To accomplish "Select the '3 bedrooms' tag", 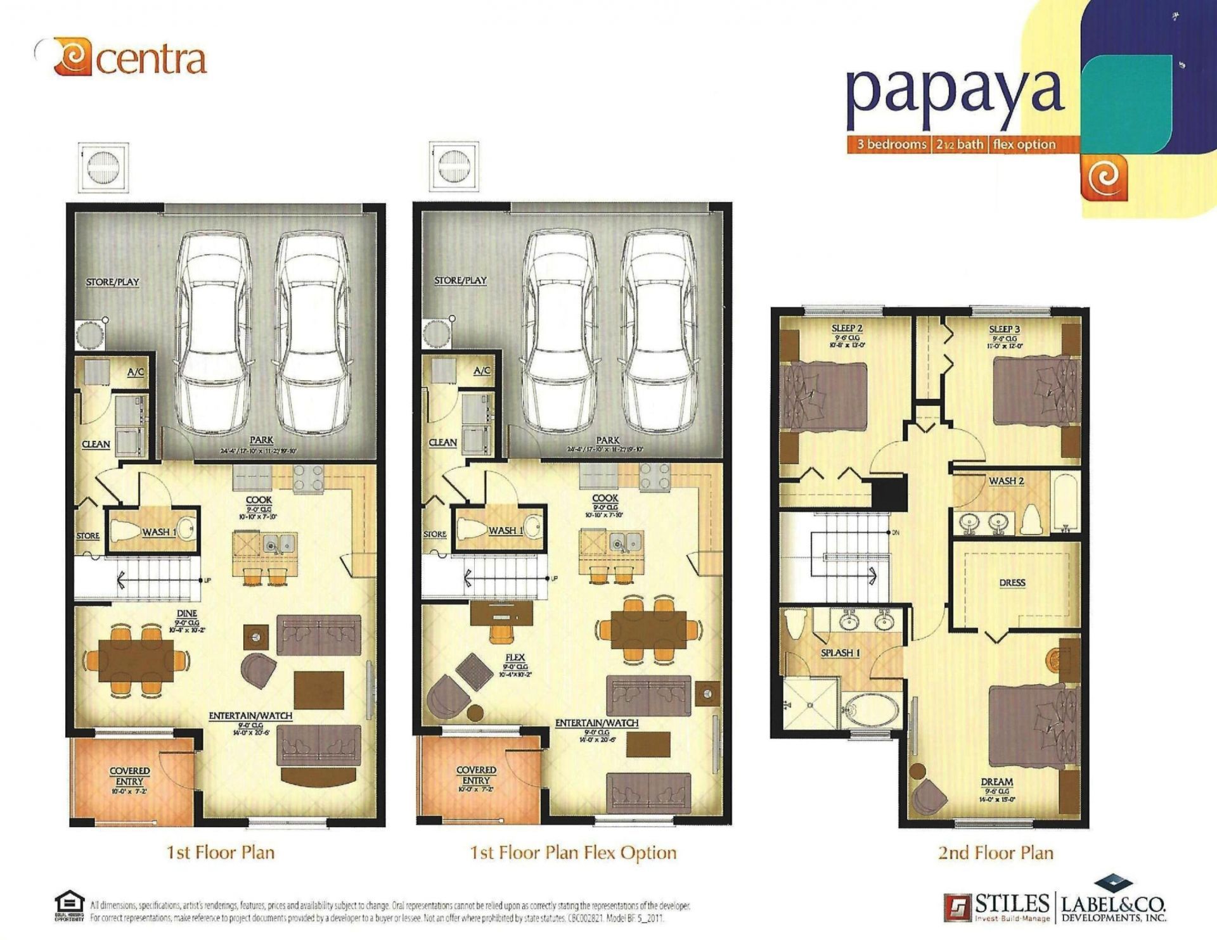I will tap(891, 144).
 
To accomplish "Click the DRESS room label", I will tap(1012, 582).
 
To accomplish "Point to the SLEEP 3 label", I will tap(1004, 329).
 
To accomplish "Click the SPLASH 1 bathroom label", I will tap(840, 652).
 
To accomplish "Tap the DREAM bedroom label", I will tap(996, 782).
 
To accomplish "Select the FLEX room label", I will tap(515, 657).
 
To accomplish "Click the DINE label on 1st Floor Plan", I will tap(186, 613).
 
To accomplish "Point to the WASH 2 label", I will tap(1006, 481).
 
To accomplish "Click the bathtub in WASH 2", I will tap(1066, 501).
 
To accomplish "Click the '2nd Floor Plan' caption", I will tap(995, 853).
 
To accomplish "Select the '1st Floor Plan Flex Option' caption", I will tap(573, 853).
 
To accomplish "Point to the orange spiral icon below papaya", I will tap(1104, 178).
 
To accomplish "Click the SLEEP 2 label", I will tap(846, 328).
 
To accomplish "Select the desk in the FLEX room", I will tap(501, 613).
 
